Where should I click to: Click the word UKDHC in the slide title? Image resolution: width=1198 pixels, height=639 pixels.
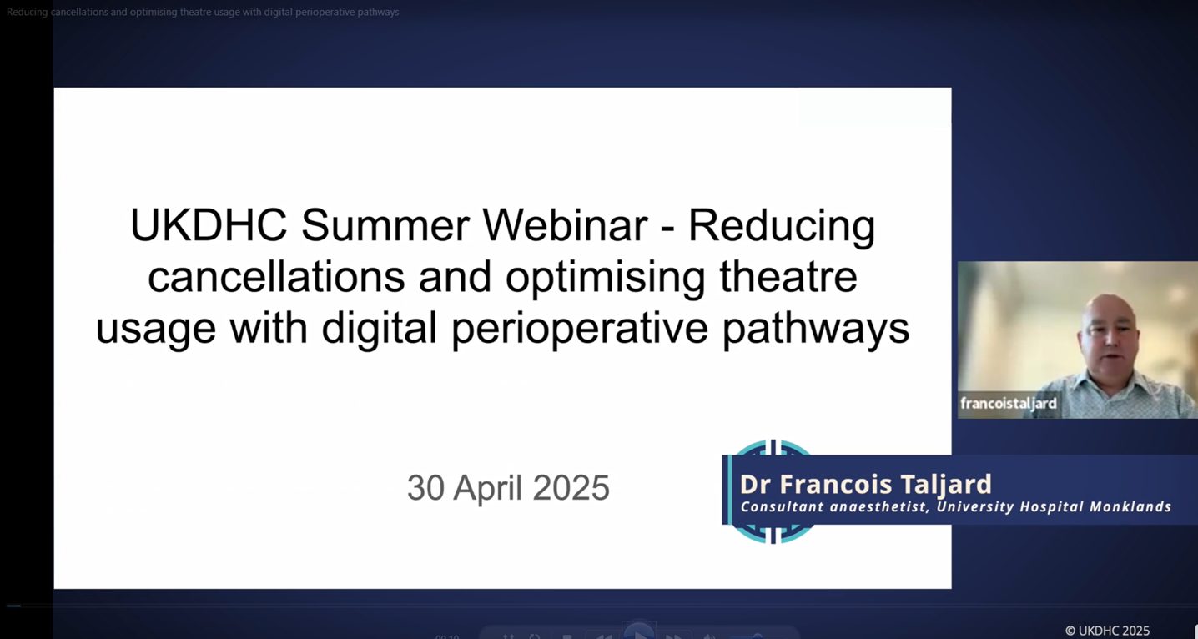(209, 225)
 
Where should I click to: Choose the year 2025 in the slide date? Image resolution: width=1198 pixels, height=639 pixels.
(571, 488)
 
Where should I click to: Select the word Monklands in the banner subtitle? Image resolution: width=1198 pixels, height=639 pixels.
(1133, 507)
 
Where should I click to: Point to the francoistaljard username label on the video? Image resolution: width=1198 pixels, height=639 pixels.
(1009, 404)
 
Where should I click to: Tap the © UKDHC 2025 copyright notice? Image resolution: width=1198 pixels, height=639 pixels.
(1107, 631)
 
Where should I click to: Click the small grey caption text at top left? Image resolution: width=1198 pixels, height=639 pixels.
(203, 12)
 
